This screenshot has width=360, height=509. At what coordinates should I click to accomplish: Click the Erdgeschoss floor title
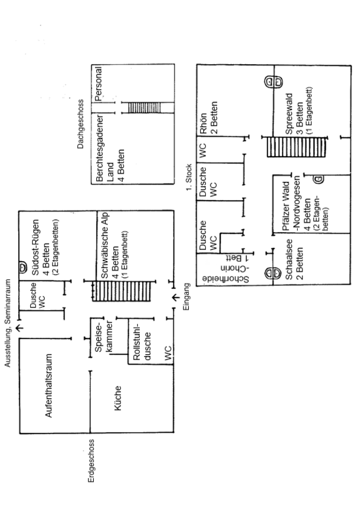91,461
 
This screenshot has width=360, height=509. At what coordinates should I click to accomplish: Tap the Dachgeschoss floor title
80,124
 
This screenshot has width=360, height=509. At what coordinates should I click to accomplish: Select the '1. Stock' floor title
189,177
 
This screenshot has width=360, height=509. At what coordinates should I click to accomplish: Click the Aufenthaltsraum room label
48,385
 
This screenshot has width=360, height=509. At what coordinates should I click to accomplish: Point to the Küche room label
117,398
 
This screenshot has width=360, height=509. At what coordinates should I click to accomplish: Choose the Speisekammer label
103,336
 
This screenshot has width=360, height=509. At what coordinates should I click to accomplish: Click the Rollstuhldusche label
142,342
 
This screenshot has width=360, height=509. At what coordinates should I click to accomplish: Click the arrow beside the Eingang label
175,297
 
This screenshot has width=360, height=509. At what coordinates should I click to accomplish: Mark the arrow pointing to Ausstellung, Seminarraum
19,328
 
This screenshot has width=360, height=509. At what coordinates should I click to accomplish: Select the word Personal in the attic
99,84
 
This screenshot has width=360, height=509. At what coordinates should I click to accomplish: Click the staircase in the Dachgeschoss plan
144,108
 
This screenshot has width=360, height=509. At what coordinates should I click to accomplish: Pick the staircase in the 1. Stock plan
296,148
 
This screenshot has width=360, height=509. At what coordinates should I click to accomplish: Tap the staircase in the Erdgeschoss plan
122,291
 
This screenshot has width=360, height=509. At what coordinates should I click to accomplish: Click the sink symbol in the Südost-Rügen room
23,268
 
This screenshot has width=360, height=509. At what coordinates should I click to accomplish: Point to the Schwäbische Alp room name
105,246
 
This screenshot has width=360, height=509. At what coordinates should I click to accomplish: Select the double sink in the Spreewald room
273,82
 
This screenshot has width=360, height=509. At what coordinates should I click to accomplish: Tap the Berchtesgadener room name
100,148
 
